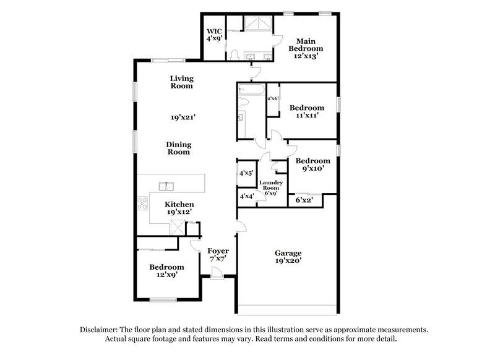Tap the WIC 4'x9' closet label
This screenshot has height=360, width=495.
point(214,34)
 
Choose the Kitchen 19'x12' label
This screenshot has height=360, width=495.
point(180,208)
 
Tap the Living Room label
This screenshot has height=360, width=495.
point(183,82)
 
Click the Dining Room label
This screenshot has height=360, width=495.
point(178,148)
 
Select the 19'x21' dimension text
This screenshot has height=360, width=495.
point(184,116)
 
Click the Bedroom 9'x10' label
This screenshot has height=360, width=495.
point(313,164)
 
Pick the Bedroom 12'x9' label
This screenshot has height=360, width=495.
point(166,271)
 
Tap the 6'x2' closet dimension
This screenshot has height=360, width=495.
point(304,200)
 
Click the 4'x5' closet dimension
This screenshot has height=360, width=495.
point(247,174)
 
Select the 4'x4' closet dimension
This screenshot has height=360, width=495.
point(247,197)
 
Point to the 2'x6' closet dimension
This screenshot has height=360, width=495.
point(273,98)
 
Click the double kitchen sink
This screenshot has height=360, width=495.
point(166,186)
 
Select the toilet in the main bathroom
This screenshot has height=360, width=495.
point(234,54)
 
